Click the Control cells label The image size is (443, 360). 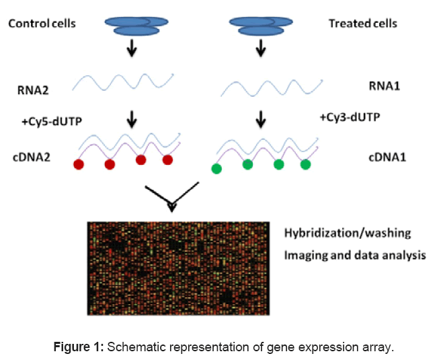coord(42,24)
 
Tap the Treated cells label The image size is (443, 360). coord(362,24)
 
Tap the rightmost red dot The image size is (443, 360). coord(167,159)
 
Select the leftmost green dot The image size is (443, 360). coord(216,169)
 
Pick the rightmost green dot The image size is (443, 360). coord(305,164)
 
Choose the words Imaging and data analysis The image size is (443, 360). coord(355,256)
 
